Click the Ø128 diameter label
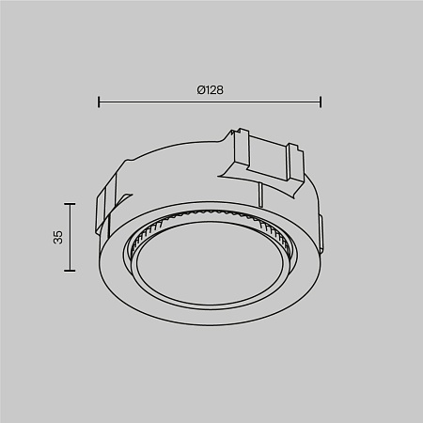pos(209,89)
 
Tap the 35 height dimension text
pos(57,237)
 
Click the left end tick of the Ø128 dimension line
pos(100,101)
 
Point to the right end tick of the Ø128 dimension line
pos(321,101)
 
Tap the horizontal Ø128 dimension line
pos(211,101)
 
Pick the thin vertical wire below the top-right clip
pos(258,193)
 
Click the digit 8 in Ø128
pos(219,89)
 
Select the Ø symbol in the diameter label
pos(198,89)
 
